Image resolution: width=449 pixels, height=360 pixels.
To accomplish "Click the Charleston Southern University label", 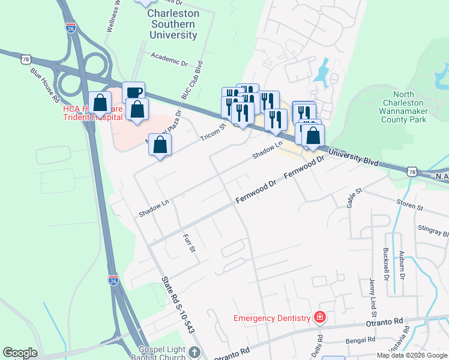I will point(173,24).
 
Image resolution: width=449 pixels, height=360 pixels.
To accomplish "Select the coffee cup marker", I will point(134,92).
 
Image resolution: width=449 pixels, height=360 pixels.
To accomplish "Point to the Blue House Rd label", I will point(45,83).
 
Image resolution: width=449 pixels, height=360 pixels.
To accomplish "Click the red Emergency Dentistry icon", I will point(320,317).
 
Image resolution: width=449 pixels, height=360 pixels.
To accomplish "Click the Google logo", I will point(20,353).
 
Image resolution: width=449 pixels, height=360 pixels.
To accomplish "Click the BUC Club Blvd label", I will point(193,80).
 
